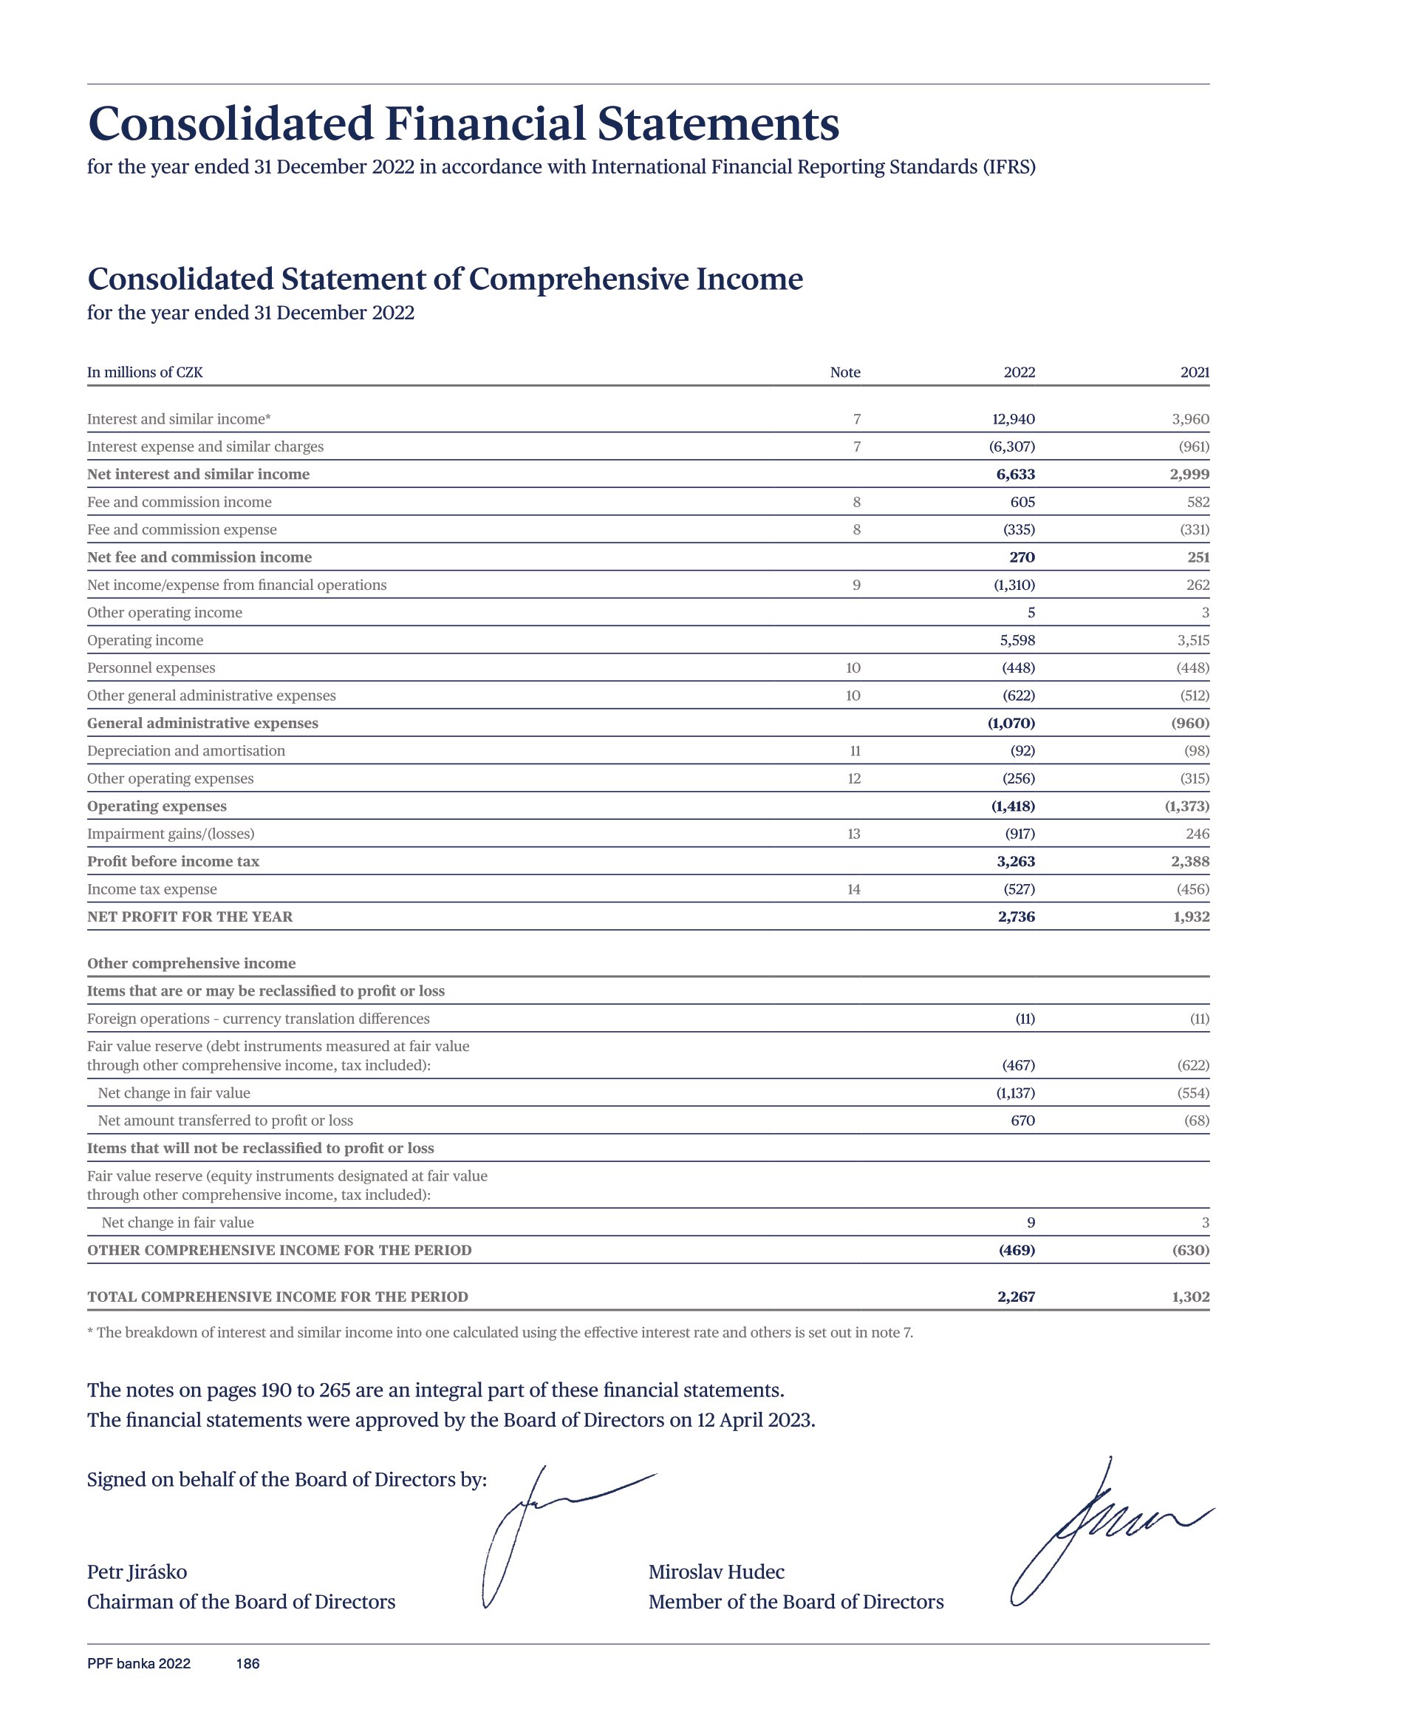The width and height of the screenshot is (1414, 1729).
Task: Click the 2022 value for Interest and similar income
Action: pos(1014,419)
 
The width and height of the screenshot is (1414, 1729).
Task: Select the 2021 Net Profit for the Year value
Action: pos(1191,917)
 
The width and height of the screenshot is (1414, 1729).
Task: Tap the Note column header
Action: pos(844,373)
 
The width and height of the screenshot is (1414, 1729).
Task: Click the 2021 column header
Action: pos(1194,373)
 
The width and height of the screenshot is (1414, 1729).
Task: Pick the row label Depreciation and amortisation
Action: pos(185,750)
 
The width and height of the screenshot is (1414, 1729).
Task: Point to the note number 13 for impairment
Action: pos(853,834)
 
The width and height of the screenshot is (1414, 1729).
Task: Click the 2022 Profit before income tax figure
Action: pos(1016,861)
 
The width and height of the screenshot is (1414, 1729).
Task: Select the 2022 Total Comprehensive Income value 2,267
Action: pos(1016,1297)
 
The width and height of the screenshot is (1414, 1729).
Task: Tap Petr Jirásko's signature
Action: pos(538,1532)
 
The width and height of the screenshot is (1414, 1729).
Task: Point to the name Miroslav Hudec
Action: pos(716,1572)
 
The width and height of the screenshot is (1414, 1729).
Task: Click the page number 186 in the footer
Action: pos(247,1664)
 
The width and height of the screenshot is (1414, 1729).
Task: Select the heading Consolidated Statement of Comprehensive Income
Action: pos(445,279)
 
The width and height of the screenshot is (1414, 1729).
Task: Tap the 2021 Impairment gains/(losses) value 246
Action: pos(1198,834)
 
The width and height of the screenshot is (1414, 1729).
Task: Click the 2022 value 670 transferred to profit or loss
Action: pos(1022,1121)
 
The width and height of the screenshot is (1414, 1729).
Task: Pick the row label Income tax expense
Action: pos(151,889)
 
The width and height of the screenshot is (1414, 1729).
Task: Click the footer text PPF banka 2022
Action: pos(138,1664)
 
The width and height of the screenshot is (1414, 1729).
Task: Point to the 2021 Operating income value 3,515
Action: pos(1192,639)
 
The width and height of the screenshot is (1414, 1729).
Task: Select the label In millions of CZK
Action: pos(145,373)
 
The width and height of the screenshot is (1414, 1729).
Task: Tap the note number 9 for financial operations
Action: pos(856,584)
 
